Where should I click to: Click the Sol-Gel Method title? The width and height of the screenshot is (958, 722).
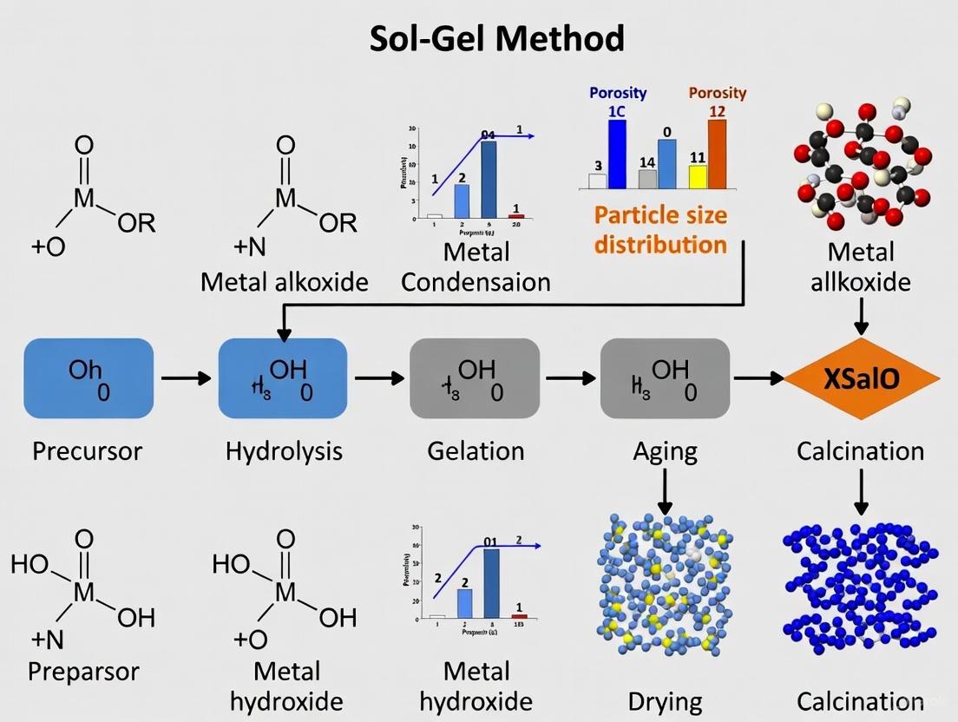[497, 39]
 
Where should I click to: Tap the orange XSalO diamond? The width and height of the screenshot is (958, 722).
[862, 379]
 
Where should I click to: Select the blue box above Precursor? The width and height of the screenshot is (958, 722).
[89, 379]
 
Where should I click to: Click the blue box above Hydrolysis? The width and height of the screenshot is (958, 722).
[283, 379]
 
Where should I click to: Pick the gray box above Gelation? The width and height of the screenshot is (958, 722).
[475, 379]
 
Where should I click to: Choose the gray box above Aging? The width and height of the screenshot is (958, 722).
[666, 379]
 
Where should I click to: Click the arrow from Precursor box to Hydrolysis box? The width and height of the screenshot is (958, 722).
[186, 378]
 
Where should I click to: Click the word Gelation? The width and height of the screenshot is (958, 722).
[476, 451]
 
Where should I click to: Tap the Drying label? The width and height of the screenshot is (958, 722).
[666, 701]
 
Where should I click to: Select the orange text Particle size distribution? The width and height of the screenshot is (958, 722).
[660, 229]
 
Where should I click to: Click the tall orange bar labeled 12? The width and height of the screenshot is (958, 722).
[717, 154]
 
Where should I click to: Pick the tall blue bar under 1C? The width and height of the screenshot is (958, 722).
[617, 154]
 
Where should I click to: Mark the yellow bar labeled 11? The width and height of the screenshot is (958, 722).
[698, 176]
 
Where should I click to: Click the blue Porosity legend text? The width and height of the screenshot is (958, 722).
[618, 93]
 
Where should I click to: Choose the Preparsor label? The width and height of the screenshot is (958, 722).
[83, 672]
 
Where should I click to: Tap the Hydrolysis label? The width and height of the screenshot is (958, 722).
[284, 451]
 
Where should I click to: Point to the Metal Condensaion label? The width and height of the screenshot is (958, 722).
[476, 267]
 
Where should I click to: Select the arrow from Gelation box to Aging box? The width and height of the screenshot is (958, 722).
[569, 378]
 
